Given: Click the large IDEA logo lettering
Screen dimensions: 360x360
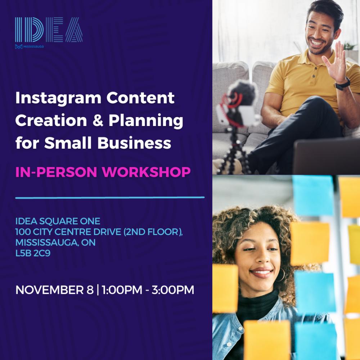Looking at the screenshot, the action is pos(49,30).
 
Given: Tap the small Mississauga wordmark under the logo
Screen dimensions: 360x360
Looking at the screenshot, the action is pos(33,46).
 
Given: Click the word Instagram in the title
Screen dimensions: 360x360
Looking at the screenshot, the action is pos(58,99).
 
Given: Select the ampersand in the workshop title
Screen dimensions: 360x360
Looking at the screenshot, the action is pos(98,121).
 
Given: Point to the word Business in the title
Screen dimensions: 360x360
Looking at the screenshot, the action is pos(134,143).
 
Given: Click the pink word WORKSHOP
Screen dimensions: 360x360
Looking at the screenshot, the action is pos(146,172).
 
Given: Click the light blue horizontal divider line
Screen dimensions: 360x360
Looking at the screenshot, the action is pos(110,197).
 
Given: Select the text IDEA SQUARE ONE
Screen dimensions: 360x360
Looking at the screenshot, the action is pos(58,221).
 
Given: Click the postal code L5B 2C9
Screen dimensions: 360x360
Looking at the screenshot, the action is pos(33,253).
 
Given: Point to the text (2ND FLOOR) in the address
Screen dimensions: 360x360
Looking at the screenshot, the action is pos(153,232).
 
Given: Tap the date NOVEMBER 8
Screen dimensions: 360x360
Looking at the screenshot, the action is pos(54,290).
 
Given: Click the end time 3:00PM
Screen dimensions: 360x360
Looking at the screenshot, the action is pos(173,290).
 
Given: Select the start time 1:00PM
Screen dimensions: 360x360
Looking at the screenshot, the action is pos(122,290).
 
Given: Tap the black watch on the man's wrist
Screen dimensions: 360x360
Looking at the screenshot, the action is pos(342,84).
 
